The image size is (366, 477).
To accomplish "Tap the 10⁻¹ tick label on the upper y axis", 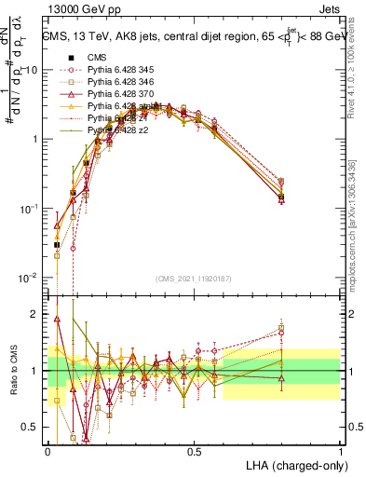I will coord(28,210).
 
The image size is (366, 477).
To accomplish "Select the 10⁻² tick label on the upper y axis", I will coord(28,279).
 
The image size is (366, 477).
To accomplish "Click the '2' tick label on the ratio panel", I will coord(35,314).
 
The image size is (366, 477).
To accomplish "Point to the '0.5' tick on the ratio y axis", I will coord(31,428).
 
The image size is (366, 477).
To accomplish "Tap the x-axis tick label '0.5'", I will coord(194,451).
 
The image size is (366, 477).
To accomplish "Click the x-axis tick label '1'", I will coord(340,451).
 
